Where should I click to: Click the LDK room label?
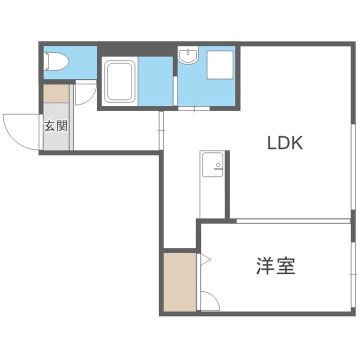(285, 143)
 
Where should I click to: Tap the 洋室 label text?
(275, 266)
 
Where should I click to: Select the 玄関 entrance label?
(55, 125)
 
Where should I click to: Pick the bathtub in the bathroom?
(119, 81)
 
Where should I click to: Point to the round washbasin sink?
(188, 56)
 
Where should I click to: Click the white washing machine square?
(220, 65)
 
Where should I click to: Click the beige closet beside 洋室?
(179, 282)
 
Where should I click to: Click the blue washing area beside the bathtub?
(155, 81)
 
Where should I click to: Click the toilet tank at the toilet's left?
(46, 61)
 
